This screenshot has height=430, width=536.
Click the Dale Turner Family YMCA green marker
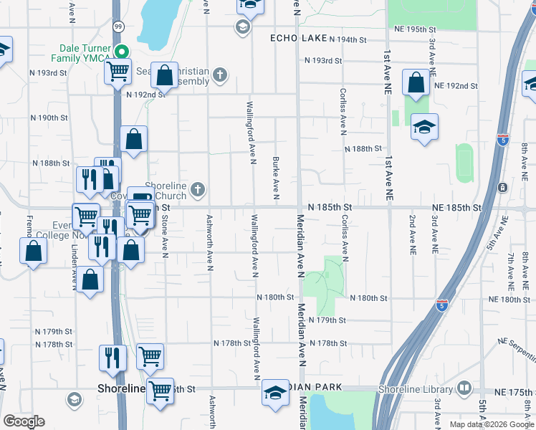121,52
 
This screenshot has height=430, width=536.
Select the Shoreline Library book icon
464,388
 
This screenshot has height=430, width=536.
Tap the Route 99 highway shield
118,26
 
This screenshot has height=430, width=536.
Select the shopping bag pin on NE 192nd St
416,82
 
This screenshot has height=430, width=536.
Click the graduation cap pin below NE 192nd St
424,127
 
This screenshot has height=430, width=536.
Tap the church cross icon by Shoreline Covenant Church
197,189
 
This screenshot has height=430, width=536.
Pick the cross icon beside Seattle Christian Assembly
219,73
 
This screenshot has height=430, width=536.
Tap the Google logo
24,421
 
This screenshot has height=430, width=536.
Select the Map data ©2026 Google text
491,424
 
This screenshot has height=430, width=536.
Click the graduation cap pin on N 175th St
274,393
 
